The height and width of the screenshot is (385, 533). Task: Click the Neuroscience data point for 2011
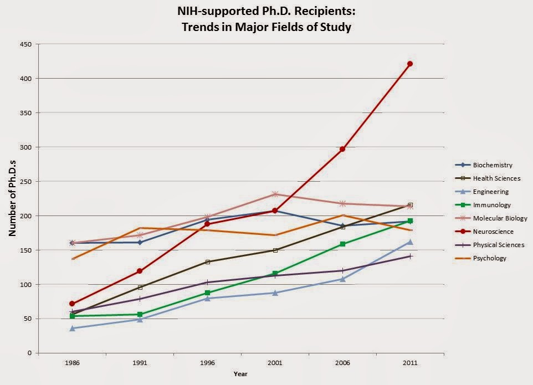[x=410, y=64]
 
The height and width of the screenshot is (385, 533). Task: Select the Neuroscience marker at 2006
[x=342, y=149]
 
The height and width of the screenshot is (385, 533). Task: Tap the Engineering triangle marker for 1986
[x=72, y=328]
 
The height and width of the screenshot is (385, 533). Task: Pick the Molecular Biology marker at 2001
[x=275, y=194]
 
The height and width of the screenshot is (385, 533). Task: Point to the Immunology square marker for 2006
[x=342, y=244]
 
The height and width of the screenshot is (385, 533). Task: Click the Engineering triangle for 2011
[x=410, y=242]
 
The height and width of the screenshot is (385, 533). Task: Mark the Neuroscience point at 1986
[x=72, y=304]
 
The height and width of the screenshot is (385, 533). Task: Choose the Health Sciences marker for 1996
[x=207, y=261]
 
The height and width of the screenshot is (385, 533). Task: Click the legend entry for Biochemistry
[x=492, y=165]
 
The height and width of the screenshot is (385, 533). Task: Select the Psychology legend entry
[x=489, y=258]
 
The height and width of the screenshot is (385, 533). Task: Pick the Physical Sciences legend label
[x=498, y=245]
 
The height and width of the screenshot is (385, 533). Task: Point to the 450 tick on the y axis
[x=26, y=44]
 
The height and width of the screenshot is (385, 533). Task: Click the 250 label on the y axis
[x=26, y=182]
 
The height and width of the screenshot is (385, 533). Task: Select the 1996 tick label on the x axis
[x=207, y=362]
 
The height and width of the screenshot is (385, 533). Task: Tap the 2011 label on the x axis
[x=410, y=362]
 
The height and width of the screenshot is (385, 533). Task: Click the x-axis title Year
[x=241, y=374]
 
